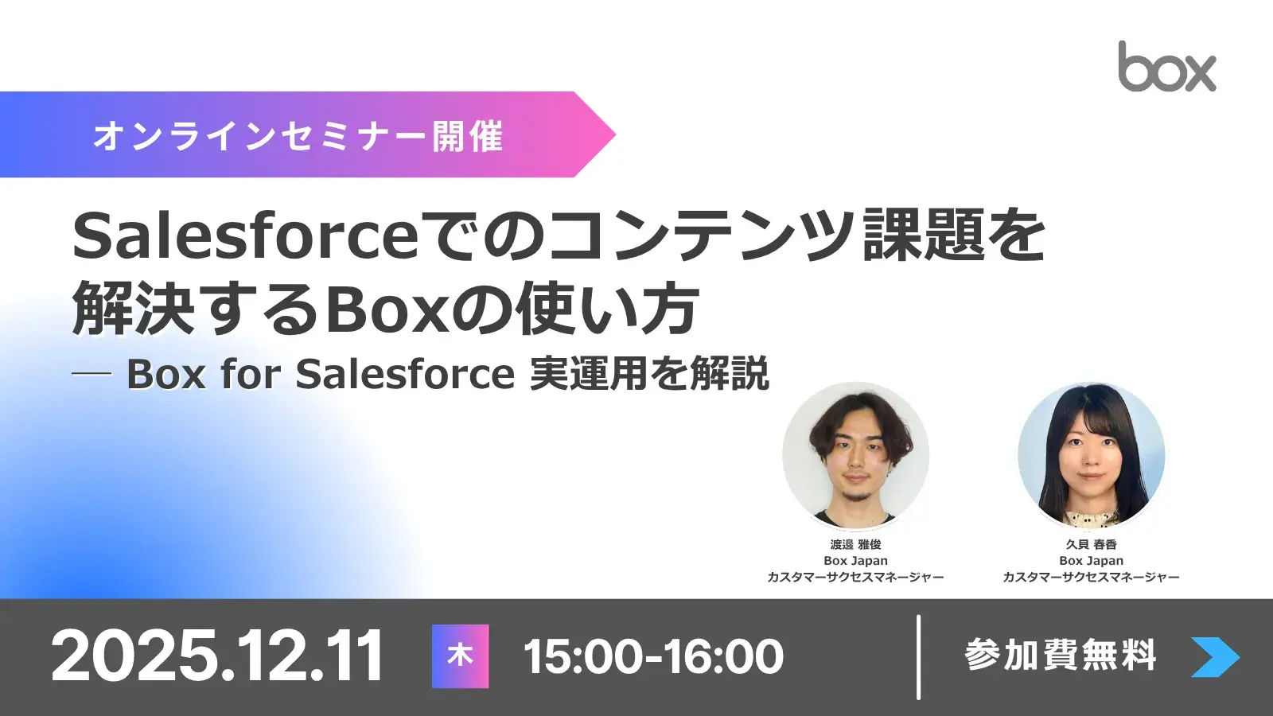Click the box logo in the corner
[1166, 68]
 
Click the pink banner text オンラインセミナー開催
[298, 136]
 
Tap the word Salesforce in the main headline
[245, 236]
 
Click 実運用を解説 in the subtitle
[649, 374]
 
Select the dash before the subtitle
[91, 375]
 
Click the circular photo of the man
[855, 455]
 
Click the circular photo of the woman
[1091, 455]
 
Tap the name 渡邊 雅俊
[855, 544]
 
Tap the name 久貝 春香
[1091, 544]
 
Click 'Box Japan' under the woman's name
[1091, 561]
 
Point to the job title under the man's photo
[855, 577]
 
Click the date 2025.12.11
[217, 656]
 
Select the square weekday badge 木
[460, 656]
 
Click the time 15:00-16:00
[653, 657]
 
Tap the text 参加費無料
[1060, 656]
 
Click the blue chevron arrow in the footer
[1214, 657]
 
